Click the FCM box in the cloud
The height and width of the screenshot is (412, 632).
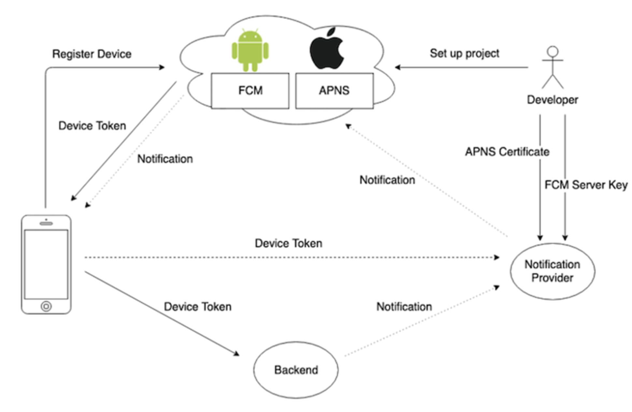pyautogui.click(x=250, y=90)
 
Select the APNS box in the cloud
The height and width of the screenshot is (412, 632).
pyautogui.click(x=334, y=90)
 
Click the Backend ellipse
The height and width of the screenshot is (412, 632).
pyautogui.click(x=296, y=370)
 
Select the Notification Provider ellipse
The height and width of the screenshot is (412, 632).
pyautogui.click(x=553, y=271)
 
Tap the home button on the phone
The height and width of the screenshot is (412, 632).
pyautogui.click(x=46, y=306)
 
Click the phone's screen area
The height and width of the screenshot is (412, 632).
pyautogui.click(x=46, y=264)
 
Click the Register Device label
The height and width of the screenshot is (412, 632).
pyautogui.click(x=92, y=54)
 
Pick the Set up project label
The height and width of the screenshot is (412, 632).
pyautogui.click(x=464, y=53)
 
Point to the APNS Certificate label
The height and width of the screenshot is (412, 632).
pyautogui.click(x=507, y=152)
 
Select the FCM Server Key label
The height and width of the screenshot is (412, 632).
pyautogui.click(x=586, y=185)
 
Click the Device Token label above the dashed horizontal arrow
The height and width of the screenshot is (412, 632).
pyautogui.click(x=288, y=243)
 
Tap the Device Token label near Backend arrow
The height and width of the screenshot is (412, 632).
pyautogui.click(x=197, y=307)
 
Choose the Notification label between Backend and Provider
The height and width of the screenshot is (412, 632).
pyautogui.click(x=404, y=307)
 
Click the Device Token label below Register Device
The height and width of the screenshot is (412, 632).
pyautogui.click(x=92, y=126)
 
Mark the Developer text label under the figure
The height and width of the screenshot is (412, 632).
pyautogui.click(x=553, y=100)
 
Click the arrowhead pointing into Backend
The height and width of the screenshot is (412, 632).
pyautogui.click(x=236, y=353)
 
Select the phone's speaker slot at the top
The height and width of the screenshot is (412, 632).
pyautogui.click(x=46, y=223)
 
